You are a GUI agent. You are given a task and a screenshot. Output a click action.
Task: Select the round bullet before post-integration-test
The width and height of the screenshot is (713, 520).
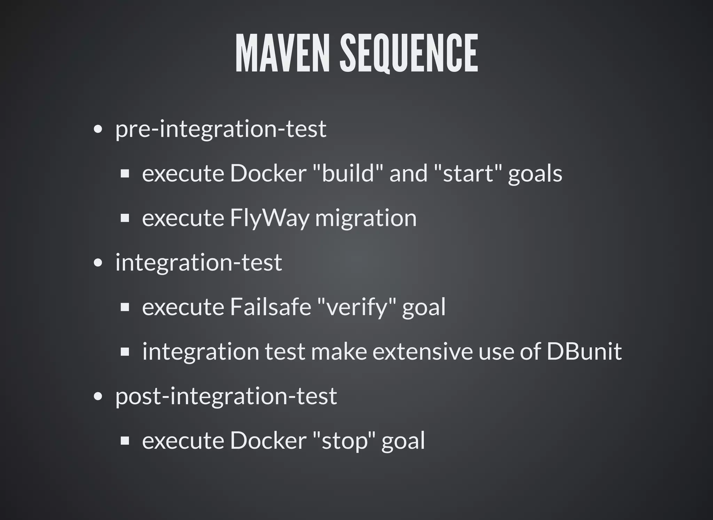(98, 396)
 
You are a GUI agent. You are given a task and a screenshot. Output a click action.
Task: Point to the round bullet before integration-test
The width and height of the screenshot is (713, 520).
(98, 263)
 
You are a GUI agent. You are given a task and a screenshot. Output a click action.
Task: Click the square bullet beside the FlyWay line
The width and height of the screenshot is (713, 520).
(125, 218)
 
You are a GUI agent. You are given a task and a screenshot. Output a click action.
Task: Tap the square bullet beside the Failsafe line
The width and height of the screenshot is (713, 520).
(125, 307)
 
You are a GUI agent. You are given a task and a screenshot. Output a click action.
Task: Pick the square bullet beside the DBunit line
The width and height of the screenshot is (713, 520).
(125, 352)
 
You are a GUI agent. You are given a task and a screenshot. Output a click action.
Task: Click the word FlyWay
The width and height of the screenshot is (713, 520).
(269, 218)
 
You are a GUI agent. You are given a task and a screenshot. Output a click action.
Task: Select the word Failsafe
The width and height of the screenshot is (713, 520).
(270, 307)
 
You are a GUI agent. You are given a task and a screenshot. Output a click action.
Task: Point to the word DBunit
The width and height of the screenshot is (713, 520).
(584, 352)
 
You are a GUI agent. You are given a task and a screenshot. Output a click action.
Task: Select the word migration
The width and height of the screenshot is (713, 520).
(366, 218)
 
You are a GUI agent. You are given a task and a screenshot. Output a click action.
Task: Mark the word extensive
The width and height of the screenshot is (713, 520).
(422, 352)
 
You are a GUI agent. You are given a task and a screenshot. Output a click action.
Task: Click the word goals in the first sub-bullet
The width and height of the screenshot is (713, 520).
(535, 173)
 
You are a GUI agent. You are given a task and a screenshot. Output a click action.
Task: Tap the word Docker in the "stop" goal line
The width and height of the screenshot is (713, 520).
(268, 441)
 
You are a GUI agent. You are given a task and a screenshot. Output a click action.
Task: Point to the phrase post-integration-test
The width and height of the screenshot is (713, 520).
(226, 396)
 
